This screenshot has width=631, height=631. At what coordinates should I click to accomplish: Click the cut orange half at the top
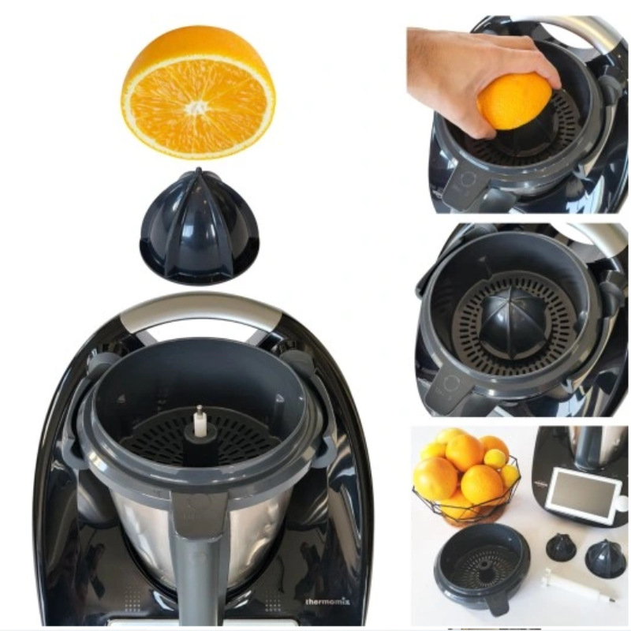pyautogui.click(x=199, y=91)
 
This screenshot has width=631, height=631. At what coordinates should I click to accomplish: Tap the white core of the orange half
pyautogui.click(x=197, y=107)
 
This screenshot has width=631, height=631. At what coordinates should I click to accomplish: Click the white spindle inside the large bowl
pyautogui.click(x=199, y=421)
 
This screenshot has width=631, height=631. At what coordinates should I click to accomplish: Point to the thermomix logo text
pyautogui.click(x=327, y=602)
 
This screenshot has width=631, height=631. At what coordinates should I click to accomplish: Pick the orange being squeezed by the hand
pyautogui.click(x=514, y=103)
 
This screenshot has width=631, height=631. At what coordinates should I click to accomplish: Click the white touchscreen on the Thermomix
pyautogui.click(x=580, y=493)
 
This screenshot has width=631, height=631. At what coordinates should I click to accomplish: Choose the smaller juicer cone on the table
pyautogui.click(x=561, y=547)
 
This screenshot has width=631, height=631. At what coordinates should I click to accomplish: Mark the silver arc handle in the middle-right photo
pyautogui.click(x=592, y=237)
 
